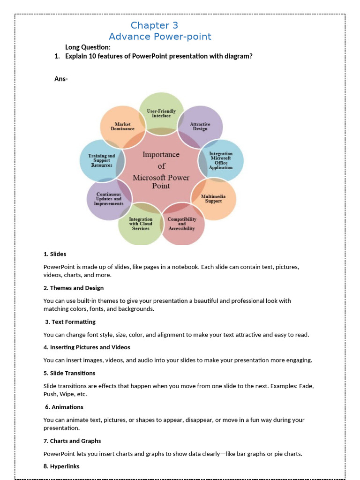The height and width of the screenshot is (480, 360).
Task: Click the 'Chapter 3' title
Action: click(154, 25)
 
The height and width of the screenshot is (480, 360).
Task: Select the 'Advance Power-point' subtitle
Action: click(160, 37)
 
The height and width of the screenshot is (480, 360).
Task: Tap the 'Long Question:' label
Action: click(88, 47)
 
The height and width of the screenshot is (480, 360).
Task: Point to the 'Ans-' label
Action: click(61, 79)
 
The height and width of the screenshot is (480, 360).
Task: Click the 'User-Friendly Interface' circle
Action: click(161, 113)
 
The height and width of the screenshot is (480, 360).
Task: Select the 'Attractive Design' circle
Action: click(200, 126)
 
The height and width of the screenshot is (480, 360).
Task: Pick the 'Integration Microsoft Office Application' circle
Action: click(221, 160)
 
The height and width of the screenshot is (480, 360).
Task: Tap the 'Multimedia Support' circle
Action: click(213, 199)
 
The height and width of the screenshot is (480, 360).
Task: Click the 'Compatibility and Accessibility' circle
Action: click(182, 224)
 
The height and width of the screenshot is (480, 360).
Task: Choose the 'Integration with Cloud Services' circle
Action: click(141, 224)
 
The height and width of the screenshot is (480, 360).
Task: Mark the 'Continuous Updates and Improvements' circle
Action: click(108, 199)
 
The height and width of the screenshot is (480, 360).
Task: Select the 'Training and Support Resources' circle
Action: click(102, 160)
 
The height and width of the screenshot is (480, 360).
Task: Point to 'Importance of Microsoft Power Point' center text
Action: click(161, 170)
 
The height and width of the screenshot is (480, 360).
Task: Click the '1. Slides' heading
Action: click(55, 254)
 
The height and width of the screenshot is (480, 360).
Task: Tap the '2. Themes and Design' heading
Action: click(74, 288)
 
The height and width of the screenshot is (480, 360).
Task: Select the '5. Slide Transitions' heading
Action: click(69, 373)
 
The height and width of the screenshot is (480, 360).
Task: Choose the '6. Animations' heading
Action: click(64, 407)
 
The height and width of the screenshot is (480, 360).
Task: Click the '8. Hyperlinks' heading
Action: click(61, 466)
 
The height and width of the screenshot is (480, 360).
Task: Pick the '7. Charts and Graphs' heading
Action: click(72, 441)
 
